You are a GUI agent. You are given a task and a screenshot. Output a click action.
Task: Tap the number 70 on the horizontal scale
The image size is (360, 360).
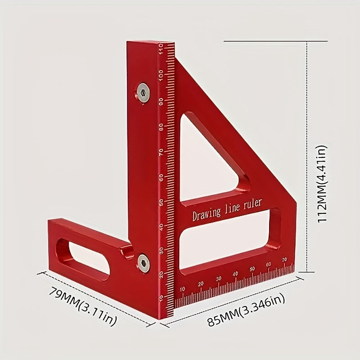point(284,260)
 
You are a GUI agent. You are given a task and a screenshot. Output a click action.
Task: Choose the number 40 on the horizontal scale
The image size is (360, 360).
point(235,274)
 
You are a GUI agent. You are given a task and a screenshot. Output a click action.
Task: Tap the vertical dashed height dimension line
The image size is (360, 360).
point(307,157)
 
